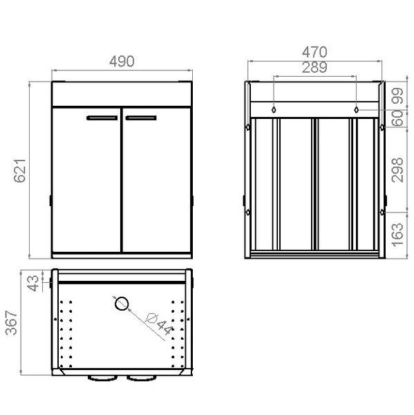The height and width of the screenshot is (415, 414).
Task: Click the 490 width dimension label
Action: pos(121,61)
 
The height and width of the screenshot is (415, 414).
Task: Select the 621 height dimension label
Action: pos(20,169)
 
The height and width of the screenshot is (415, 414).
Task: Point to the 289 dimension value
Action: pos(314,67)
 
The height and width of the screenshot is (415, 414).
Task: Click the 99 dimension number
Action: pos(397,95)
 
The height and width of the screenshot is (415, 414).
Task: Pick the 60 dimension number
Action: pos(397,118)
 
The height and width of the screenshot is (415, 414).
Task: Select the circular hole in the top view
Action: pos(121,303)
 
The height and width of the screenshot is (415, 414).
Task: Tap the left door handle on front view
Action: pos(102,118)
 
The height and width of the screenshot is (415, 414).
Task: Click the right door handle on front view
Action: pos(142,118)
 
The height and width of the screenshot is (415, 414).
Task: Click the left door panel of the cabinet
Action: pos(86,183)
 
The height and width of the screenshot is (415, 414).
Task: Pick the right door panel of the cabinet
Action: pos(157,183)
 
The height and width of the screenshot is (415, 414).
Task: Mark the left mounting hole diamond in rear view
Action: pos(274,109)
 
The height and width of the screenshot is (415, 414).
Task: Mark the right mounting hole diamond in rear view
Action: pos(356,109)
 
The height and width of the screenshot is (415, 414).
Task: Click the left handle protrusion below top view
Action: pos(102,378)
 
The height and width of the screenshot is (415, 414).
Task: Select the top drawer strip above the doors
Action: pos(122,94)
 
